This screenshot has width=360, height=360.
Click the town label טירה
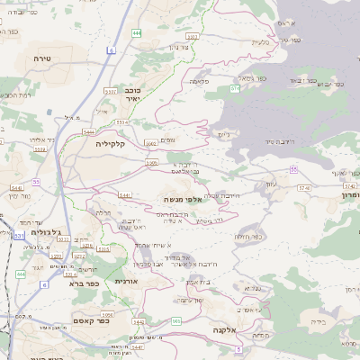click(x=43, y=58)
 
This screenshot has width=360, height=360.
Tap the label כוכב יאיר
click(x=132, y=94)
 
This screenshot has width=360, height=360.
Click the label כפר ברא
click(x=82, y=283)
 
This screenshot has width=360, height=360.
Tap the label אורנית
click(x=127, y=282)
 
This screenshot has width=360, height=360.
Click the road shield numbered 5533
click(x=110, y=90)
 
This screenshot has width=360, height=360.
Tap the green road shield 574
click(x=235, y=88)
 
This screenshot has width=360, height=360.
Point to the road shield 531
click(x=18, y=237)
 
